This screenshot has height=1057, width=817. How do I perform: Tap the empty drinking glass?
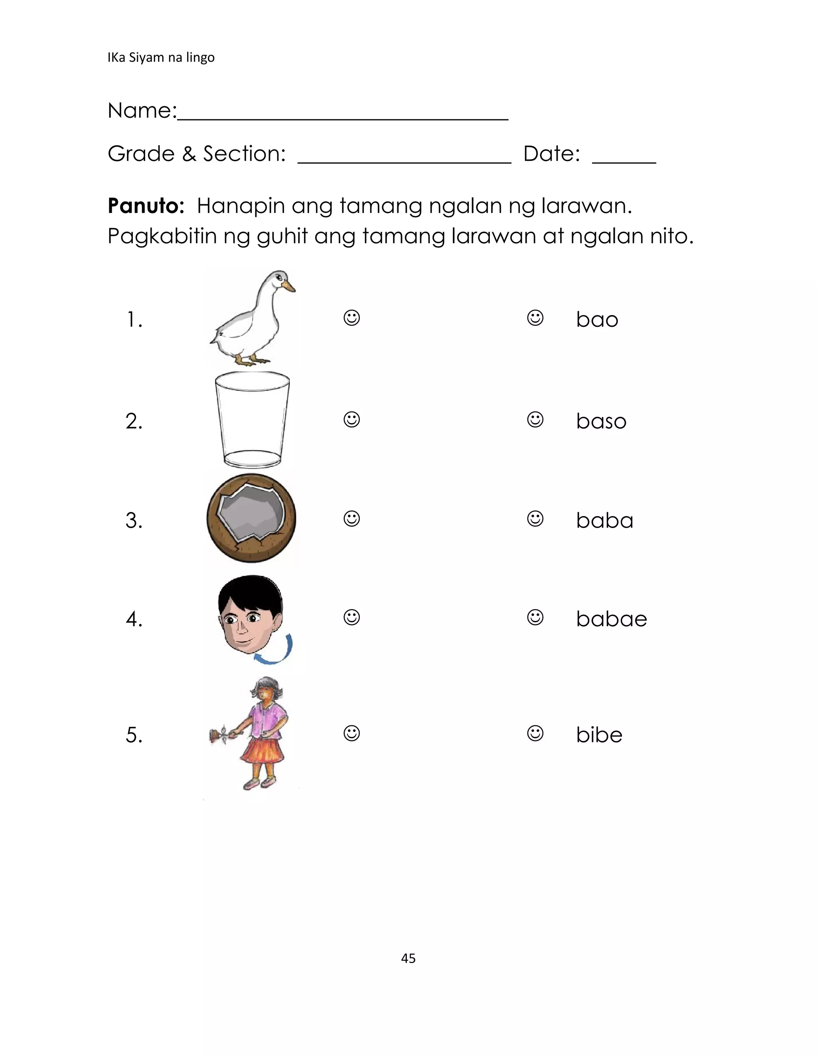click(252, 419)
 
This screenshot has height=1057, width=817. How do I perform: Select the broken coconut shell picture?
click(251, 518)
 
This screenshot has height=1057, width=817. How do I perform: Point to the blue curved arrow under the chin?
click(276, 651)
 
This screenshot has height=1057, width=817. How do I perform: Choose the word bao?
click(597, 320)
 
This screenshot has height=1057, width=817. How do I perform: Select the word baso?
click(601, 421)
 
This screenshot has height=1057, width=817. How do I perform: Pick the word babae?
click(611, 619)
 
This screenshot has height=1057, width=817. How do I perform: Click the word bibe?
click(599, 735)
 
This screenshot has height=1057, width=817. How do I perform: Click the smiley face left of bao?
click(535, 318)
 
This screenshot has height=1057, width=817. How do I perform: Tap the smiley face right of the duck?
click(352, 318)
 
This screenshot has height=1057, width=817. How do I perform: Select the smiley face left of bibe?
click(535, 733)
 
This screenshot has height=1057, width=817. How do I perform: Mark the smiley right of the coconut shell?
click(352, 519)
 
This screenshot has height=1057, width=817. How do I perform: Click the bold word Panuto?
click(146, 206)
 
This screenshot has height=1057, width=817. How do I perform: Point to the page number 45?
click(408, 958)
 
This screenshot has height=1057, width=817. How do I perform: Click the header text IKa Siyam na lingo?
click(161, 57)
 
